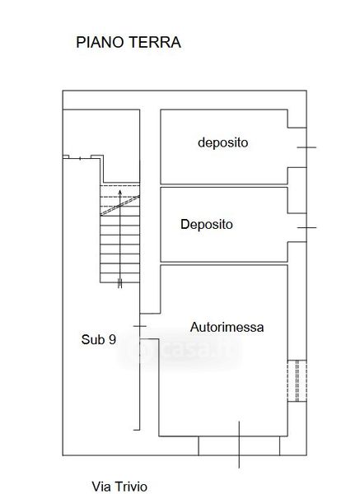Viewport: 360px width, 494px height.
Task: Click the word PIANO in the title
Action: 100,42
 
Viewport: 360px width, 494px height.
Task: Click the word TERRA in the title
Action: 155,42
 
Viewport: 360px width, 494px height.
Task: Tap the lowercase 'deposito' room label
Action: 223,142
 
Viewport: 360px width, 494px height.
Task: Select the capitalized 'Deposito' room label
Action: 207,224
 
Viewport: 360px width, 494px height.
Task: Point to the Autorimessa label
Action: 227,327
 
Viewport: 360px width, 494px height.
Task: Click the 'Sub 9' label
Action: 99,339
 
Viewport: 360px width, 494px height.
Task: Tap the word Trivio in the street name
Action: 131,487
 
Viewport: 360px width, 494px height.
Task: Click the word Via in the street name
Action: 101,487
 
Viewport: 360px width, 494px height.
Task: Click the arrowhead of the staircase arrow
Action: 119,193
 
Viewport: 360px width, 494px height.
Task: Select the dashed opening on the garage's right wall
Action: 297,380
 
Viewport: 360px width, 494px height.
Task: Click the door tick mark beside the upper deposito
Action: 306,147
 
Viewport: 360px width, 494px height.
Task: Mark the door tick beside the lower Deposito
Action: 306,227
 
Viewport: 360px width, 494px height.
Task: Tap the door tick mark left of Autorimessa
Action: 140,326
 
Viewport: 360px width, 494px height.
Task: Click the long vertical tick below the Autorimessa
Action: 239,445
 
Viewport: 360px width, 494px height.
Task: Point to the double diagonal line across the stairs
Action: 119,205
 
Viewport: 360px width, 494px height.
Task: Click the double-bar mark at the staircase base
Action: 119,283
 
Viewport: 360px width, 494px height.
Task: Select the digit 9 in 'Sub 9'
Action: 113,339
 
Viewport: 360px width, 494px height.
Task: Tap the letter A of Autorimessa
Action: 194,327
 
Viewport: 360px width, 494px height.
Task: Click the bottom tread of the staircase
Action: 119,278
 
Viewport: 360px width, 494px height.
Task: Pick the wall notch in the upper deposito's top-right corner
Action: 297,119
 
